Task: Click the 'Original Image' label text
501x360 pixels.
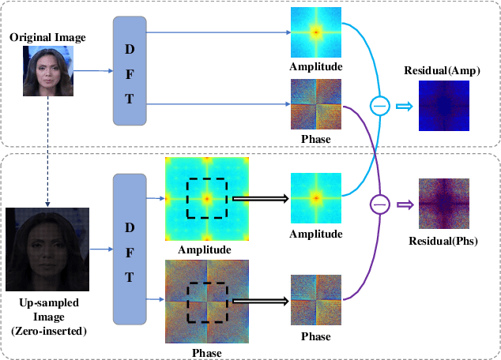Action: (x=47, y=38)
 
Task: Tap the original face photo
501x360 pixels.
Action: (x=48, y=70)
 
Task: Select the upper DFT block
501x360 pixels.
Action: (x=130, y=71)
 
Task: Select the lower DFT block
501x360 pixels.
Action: (x=130, y=249)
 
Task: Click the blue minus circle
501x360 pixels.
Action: (x=380, y=105)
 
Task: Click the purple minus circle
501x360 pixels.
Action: (x=380, y=204)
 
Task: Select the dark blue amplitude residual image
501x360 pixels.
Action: (x=443, y=106)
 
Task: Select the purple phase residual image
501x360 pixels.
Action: (x=443, y=203)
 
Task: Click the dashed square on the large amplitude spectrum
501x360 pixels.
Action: (x=206, y=197)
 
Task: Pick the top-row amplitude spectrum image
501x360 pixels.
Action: (x=315, y=32)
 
